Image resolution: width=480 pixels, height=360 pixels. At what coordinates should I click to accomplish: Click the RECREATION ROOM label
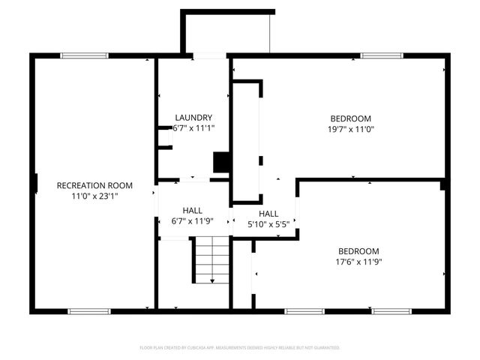click(x=94, y=185)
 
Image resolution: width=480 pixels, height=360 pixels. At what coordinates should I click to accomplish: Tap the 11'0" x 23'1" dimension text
click(x=94, y=196)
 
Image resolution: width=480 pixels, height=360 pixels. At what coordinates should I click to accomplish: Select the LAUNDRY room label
click(x=193, y=118)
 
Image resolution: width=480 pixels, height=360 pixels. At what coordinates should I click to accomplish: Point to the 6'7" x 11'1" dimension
click(x=193, y=128)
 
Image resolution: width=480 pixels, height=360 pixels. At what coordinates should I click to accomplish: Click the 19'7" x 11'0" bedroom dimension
click(x=351, y=129)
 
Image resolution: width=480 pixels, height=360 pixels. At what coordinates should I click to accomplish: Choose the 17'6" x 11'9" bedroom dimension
click(x=358, y=262)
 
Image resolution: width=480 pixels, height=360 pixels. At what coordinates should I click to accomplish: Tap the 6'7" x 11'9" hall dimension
click(x=193, y=220)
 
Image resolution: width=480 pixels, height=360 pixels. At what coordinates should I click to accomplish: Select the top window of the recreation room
click(x=84, y=55)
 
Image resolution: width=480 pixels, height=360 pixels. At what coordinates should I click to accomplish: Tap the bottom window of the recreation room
click(x=89, y=311)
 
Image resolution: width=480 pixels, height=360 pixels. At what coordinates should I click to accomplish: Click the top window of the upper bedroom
click(x=382, y=55)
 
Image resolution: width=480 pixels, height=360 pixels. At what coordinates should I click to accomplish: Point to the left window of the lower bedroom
click(x=304, y=311)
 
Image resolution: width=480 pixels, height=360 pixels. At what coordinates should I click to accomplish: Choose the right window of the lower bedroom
click(x=391, y=311)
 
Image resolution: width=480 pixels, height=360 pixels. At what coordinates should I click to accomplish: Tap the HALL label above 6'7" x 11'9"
click(x=193, y=210)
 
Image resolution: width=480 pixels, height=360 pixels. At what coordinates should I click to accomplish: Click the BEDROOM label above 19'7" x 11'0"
click(x=351, y=118)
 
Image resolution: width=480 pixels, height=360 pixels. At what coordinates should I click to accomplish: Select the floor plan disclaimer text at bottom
click(x=240, y=348)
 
